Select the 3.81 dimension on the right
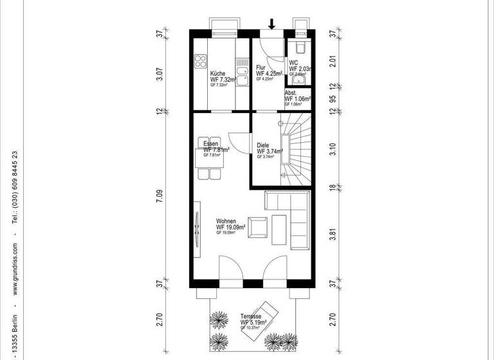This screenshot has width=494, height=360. click(333, 234)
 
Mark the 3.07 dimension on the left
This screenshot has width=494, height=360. click(160, 73)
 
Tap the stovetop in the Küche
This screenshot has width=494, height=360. click(199, 62)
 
